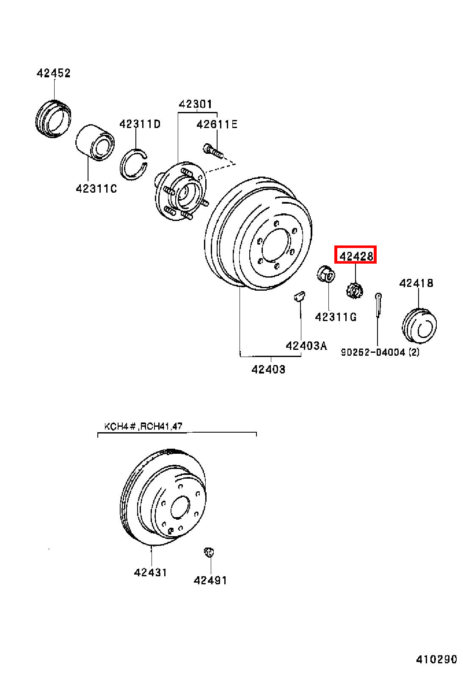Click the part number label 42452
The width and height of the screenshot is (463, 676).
pos(53,74)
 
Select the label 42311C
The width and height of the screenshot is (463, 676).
pos(96,189)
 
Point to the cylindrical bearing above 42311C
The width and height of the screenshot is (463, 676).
pos(95,142)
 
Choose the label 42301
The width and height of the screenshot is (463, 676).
pos(196,104)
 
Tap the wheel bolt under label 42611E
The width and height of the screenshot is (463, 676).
pos(213,151)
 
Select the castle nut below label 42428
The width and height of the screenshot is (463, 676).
pos(355,290)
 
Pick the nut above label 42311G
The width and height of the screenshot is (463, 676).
pos(326,273)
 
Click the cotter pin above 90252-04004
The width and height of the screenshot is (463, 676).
pos(378,305)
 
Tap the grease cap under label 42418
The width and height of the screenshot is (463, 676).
pos(419,325)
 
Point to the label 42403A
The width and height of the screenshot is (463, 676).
pos(306,346)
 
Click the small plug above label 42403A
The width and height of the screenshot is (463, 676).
pos(300,296)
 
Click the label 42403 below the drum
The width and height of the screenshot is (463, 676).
pos(268,370)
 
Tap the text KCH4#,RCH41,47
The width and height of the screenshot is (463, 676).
pos(143,426)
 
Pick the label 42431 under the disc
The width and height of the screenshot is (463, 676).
pos(150,572)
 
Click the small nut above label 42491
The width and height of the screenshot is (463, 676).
pos(209,552)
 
